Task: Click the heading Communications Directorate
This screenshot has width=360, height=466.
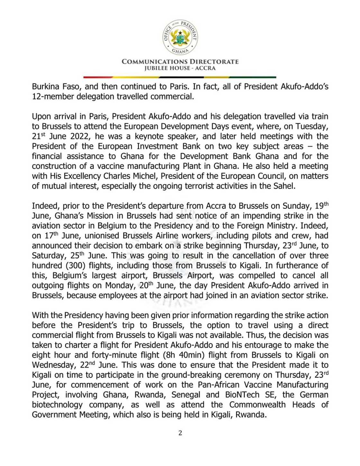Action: click(180, 62)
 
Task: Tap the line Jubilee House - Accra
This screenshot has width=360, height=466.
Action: click(180, 68)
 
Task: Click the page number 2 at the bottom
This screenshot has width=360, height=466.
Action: click(180, 433)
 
